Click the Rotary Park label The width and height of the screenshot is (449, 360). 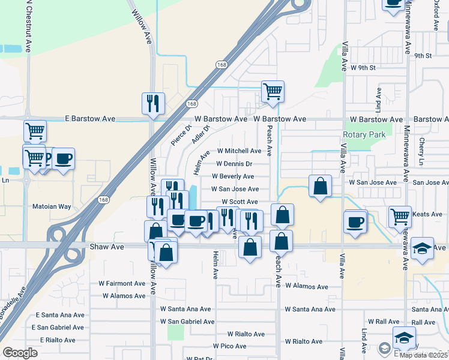click(x=364, y=135)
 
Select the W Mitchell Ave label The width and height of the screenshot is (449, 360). click(x=239, y=151)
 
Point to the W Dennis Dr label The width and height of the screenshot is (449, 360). click(x=234, y=164)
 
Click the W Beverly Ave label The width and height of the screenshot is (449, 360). click(x=233, y=176)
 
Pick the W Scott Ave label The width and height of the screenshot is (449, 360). click(x=240, y=202)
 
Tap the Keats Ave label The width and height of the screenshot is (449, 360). click(x=426, y=214)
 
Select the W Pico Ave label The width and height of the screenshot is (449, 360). click(x=229, y=346)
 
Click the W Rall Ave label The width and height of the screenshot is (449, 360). click(x=384, y=322)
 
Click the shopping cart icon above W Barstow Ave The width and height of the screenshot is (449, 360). click(x=273, y=92)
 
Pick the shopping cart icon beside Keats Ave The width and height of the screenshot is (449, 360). click(x=400, y=217)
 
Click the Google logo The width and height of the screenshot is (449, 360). click(x=20, y=352)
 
